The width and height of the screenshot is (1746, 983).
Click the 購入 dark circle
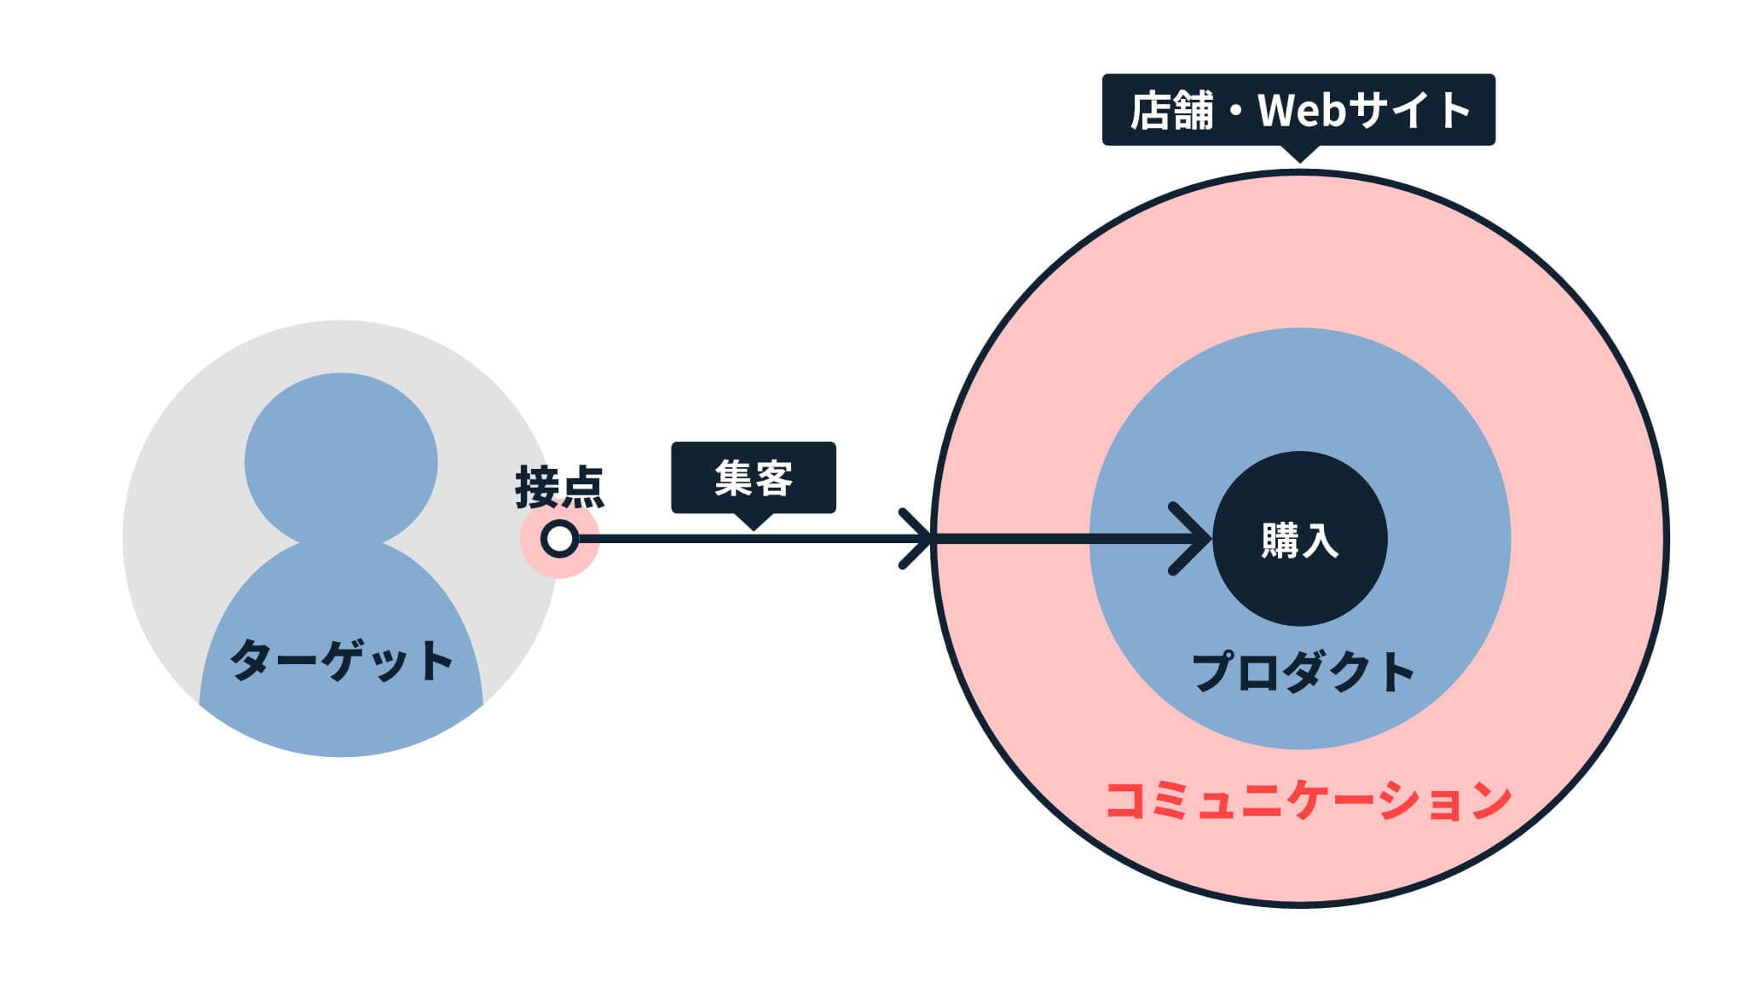coord(1299,539)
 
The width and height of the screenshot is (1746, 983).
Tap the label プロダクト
coord(1303,672)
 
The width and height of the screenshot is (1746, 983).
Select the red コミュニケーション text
coord(1308,800)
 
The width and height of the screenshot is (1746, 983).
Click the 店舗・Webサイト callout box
coord(1298,110)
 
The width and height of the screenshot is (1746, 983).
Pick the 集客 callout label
coord(754,477)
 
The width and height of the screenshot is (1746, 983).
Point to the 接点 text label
coord(559,488)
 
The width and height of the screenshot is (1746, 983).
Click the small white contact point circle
coord(559,539)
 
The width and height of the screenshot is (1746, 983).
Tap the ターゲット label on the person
coord(341,661)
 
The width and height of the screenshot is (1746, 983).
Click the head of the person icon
coord(341,460)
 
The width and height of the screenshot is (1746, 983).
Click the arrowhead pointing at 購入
coord(1190,539)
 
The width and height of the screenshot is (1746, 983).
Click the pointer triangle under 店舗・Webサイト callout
coord(1298,153)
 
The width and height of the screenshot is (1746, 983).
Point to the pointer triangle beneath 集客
coord(754,521)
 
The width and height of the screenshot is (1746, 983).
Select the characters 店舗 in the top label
coord(1171,111)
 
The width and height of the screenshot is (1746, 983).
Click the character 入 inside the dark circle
coord(1320,541)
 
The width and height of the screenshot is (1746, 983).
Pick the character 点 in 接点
coord(582,488)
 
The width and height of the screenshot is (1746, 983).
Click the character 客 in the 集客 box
coord(774,478)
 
